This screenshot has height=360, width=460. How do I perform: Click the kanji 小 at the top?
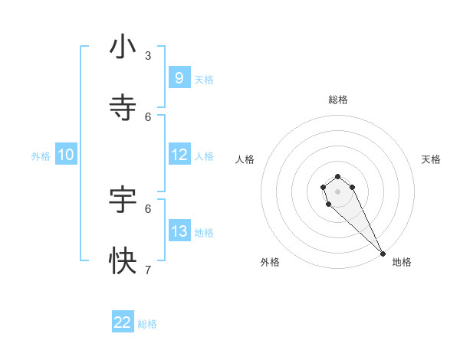click(123, 47)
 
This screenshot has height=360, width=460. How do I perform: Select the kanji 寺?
click(123, 108)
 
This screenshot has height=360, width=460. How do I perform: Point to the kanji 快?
click(123, 261)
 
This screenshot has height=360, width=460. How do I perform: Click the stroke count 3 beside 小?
click(148, 55)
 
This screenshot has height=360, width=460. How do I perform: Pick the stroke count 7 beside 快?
click(148, 269)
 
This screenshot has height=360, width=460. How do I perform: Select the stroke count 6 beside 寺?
click(148, 116)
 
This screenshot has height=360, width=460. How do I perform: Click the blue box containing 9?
click(179, 77)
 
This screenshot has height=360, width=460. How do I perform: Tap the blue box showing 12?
click(179, 155)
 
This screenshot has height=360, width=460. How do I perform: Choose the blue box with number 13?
click(179, 231)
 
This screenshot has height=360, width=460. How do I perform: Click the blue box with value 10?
click(66, 155)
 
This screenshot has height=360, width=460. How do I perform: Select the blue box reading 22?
click(123, 322)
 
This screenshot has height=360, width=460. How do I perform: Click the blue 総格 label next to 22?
click(147, 324)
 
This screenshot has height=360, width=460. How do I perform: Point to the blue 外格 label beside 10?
click(41, 156)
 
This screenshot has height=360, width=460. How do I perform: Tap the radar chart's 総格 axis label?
click(338, 100)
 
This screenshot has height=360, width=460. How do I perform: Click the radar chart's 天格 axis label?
click(431, 159)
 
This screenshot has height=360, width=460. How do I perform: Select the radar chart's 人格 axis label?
click(245, 159)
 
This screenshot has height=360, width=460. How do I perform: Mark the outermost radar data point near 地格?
click(383, 254)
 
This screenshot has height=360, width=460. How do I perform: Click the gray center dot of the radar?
click(337, 191)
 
